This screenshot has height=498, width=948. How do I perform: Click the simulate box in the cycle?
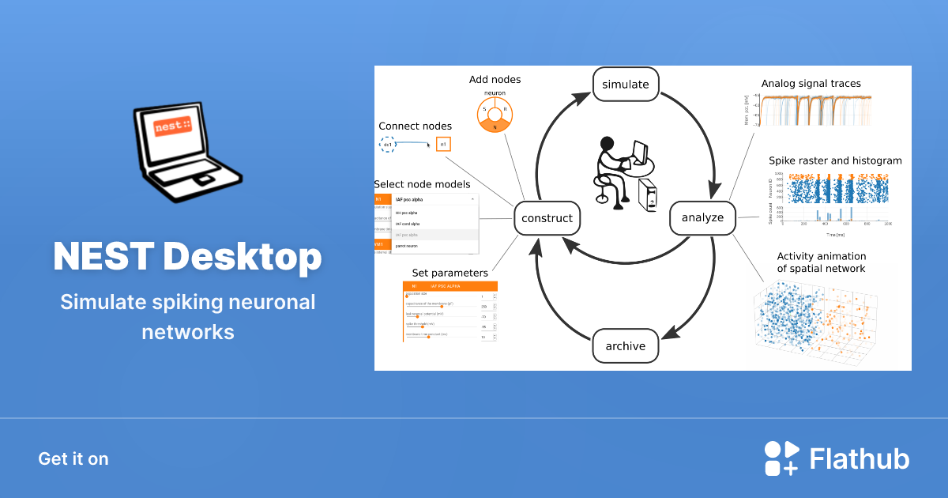click(x=625, y=85)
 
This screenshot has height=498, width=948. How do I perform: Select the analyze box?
click(x=702, y=217)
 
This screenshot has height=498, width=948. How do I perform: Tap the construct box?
click(x=547, y=217)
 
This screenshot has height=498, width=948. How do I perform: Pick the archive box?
click(x=625, y=346)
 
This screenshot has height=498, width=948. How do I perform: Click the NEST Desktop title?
click(x=187, y=256)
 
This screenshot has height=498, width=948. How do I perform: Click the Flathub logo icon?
click(x=781, y=458)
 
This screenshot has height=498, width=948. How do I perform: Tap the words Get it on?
click(x=73, y=458)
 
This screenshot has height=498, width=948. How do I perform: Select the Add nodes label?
click(x=495, y=80)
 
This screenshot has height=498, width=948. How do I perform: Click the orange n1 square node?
click(x=443, y=144)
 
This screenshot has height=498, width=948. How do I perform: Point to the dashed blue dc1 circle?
click(x=388, y=145)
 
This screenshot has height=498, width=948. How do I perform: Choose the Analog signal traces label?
click(x=811, y=83)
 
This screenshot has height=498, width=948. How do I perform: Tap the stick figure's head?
click(x=607, y=145)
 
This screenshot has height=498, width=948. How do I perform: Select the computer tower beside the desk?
click(x=649, y=195)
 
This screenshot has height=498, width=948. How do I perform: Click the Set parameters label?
click(x=450, y=274)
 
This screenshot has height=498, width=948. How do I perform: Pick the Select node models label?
click(x=422, y=184)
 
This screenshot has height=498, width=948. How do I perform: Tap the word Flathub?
click(x=860, y=458)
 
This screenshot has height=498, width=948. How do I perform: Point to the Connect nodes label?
click(x=415, y=126)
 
